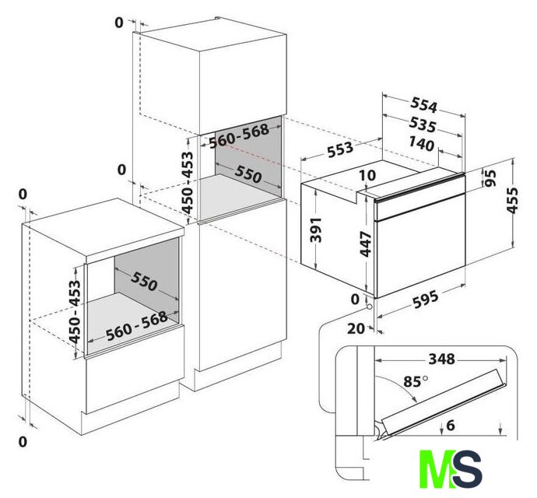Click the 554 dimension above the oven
pos(424,105)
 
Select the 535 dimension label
pos(423,125)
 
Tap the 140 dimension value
pos(422,144)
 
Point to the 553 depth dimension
pos(340,149)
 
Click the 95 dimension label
pos(490,178)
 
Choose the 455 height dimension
pos(512,200)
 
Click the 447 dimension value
pos(366,244)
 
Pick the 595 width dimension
pos(426,299)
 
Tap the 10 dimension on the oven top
pos(368,175)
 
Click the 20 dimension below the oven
pos(356,328)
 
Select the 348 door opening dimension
pos(442,359)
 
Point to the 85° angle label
pos(416,381)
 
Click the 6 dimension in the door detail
pos(451,425)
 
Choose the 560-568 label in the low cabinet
pos(137,326)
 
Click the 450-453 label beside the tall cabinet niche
pos(188,183)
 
